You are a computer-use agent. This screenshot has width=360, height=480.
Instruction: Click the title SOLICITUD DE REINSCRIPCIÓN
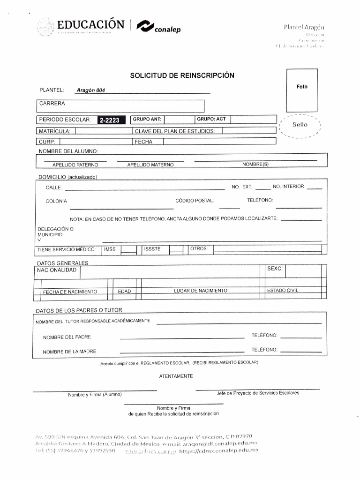pos(182,75)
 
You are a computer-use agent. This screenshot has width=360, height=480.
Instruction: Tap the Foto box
pos(302,87)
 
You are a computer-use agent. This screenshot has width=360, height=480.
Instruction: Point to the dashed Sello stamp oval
pos(300,125)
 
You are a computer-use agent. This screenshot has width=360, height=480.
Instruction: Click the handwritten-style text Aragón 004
pos(90,90)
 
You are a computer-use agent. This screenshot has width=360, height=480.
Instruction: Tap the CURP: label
pos(47,142)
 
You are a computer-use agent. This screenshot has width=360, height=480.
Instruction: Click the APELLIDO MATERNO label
pos(150,165)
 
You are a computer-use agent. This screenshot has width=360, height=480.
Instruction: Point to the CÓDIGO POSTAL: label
pos(195,201)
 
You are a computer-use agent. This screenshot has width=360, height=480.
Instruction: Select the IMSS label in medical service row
pos(110,249)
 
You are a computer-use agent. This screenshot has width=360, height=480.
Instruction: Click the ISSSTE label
pos(152,249)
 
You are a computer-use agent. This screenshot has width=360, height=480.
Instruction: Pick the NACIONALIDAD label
pos(57,270)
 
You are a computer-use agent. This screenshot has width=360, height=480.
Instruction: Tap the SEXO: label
pos(275,269)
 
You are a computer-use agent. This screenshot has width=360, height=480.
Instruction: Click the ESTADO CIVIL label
pos(282,291)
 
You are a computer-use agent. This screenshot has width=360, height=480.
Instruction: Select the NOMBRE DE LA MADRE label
pos(69,352)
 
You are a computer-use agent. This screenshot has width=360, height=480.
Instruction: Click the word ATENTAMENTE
pos(176,376)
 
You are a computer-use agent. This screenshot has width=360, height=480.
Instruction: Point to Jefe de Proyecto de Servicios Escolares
pos(257,393)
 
